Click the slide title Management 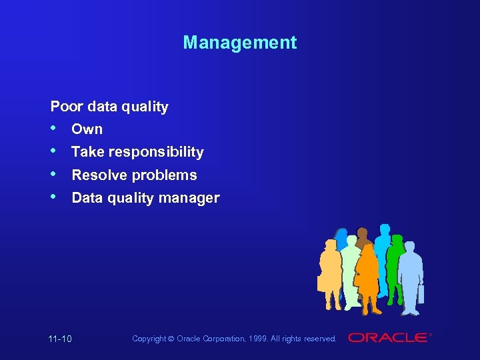239,43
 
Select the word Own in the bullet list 87,129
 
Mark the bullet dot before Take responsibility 55,151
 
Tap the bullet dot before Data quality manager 55,197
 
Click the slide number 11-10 60,339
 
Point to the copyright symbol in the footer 171,339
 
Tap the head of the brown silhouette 362,234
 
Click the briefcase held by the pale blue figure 421,293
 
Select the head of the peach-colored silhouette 329,244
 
